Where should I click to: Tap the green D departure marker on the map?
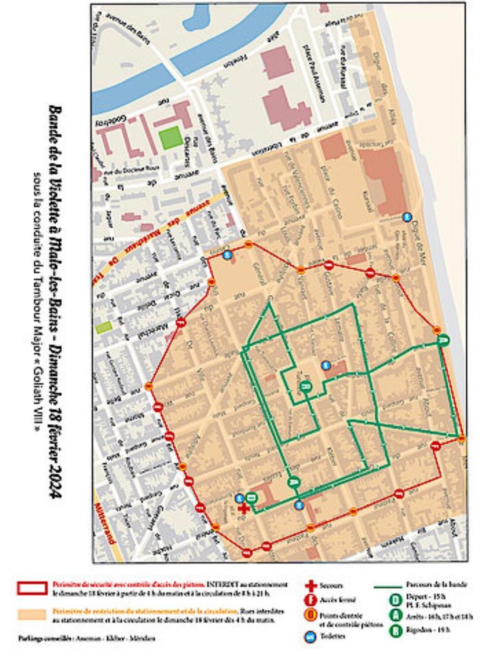pyautogui.click(x=252, y=497)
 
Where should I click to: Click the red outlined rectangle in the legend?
pyautogui.click(x=32, y=588)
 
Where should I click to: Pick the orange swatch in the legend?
pyautogui.click(x=32, y=614)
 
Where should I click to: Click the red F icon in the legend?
pyautogui.click(x=310, y=600)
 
